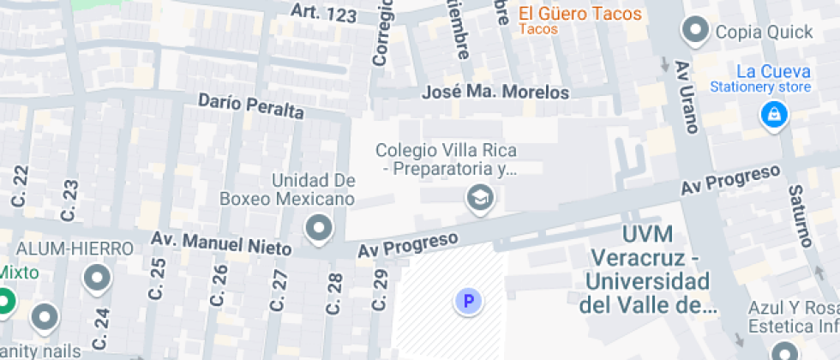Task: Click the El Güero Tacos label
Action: coord(579,14)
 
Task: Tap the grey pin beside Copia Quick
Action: coord(693,32)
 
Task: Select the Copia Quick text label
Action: coord(764,33)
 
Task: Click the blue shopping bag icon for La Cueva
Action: coord(774,114)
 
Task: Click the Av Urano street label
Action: coord(687,96)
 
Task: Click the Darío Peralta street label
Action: coord(251,106)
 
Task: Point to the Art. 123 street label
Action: coord(323,12)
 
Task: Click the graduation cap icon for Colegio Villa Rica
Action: coord(480,200)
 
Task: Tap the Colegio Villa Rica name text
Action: coord(446,151)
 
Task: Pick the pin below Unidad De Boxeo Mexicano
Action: coord(320,229)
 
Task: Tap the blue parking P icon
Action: coord(468,301)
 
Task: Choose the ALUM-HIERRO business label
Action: coord(76,249)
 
